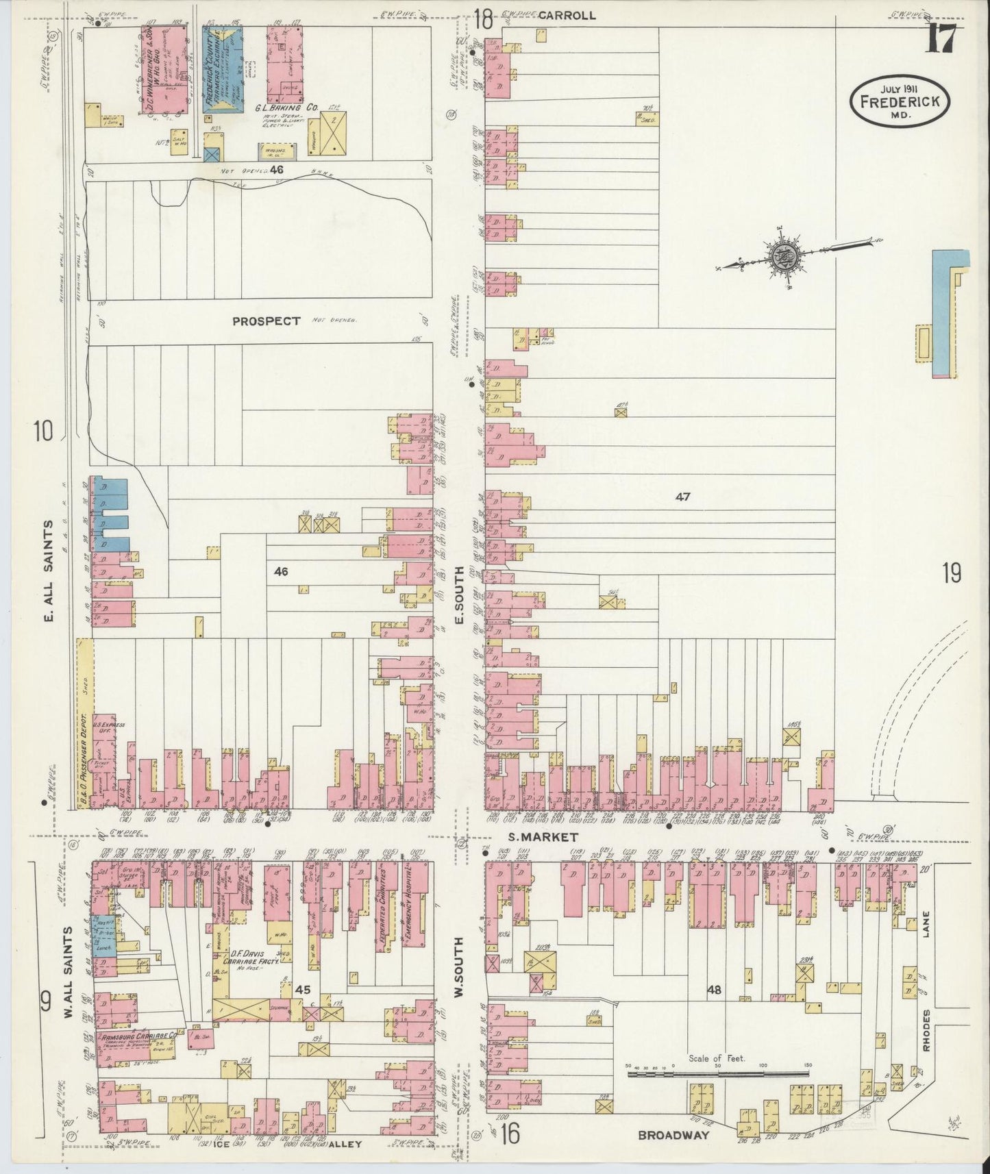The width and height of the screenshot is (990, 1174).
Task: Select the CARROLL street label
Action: [x=567, y=15]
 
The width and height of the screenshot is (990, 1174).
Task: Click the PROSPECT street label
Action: [x=266, y=321]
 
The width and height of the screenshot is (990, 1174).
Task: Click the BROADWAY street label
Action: [x=673, y=1135]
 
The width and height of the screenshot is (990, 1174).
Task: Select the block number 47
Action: [x=682, y=497]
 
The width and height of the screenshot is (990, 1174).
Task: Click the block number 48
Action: [x=715, y=989]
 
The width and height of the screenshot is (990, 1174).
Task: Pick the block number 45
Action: [x=303, y=990]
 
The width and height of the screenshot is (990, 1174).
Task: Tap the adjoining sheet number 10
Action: [x=42, y=432]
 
